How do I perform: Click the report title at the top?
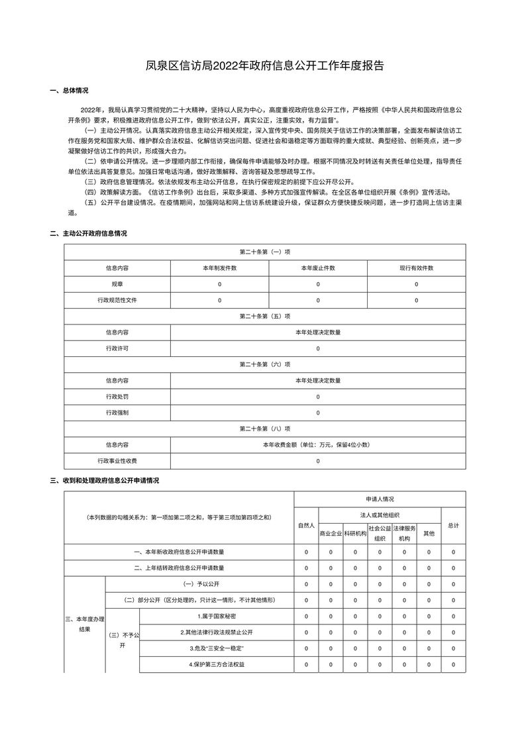265,66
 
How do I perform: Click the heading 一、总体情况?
70,91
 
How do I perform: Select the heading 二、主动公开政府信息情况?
89,234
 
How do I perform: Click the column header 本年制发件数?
219,268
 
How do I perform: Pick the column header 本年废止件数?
317,268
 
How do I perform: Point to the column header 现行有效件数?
416,268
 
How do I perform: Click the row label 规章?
117,284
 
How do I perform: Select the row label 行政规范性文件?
117,300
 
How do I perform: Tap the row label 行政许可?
117,348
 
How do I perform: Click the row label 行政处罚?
117,397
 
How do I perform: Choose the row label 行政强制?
117,413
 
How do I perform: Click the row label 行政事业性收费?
117,461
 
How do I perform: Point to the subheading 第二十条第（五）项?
265,316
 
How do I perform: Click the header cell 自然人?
306,525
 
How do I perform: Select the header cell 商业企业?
331,533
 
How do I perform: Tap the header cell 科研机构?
355,533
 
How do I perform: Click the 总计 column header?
453,525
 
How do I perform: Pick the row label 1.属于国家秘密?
217,617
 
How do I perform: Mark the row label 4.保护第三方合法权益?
217,664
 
